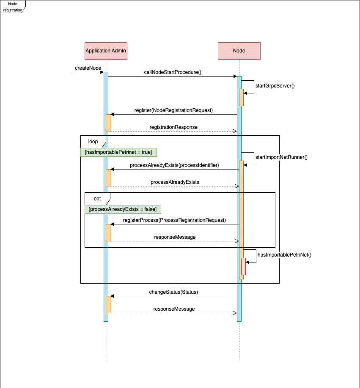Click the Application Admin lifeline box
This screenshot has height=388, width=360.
106,51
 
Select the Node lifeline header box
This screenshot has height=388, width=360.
239,51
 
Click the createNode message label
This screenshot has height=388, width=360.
88,68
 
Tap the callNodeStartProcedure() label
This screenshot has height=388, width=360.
173,72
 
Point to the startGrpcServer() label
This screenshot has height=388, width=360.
275,86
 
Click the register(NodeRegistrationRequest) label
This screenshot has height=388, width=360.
173,110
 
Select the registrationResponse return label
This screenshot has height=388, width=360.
173,127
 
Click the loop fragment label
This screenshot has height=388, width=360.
93,142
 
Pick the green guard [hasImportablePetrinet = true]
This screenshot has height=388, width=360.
118,152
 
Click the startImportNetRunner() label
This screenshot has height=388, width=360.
281,157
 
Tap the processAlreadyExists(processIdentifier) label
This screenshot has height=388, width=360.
174,165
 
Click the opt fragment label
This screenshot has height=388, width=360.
97,199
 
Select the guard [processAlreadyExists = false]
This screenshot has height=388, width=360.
123,209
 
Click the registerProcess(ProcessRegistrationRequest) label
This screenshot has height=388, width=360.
174,220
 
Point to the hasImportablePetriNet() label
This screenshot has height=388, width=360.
284,255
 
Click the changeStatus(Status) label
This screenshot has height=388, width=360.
173,292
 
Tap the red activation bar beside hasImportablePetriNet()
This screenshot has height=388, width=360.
243,266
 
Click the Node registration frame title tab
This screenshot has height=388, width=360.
13,6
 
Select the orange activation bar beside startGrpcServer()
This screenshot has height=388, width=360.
241,97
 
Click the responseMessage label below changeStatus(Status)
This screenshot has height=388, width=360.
174,309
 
